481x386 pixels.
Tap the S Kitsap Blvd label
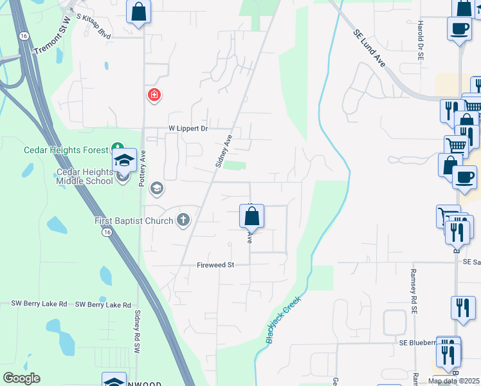[x=93, y=27]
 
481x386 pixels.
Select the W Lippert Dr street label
[x=188, y=129]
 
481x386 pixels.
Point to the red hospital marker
[x=154, y=96]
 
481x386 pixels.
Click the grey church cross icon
[x=183, y=220]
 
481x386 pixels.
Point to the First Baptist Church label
[x=134, y=221]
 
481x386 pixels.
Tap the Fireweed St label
[x=215, y=265]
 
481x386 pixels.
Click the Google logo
[x=21, y=378]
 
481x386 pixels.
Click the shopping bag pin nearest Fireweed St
[x=252, y=216]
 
